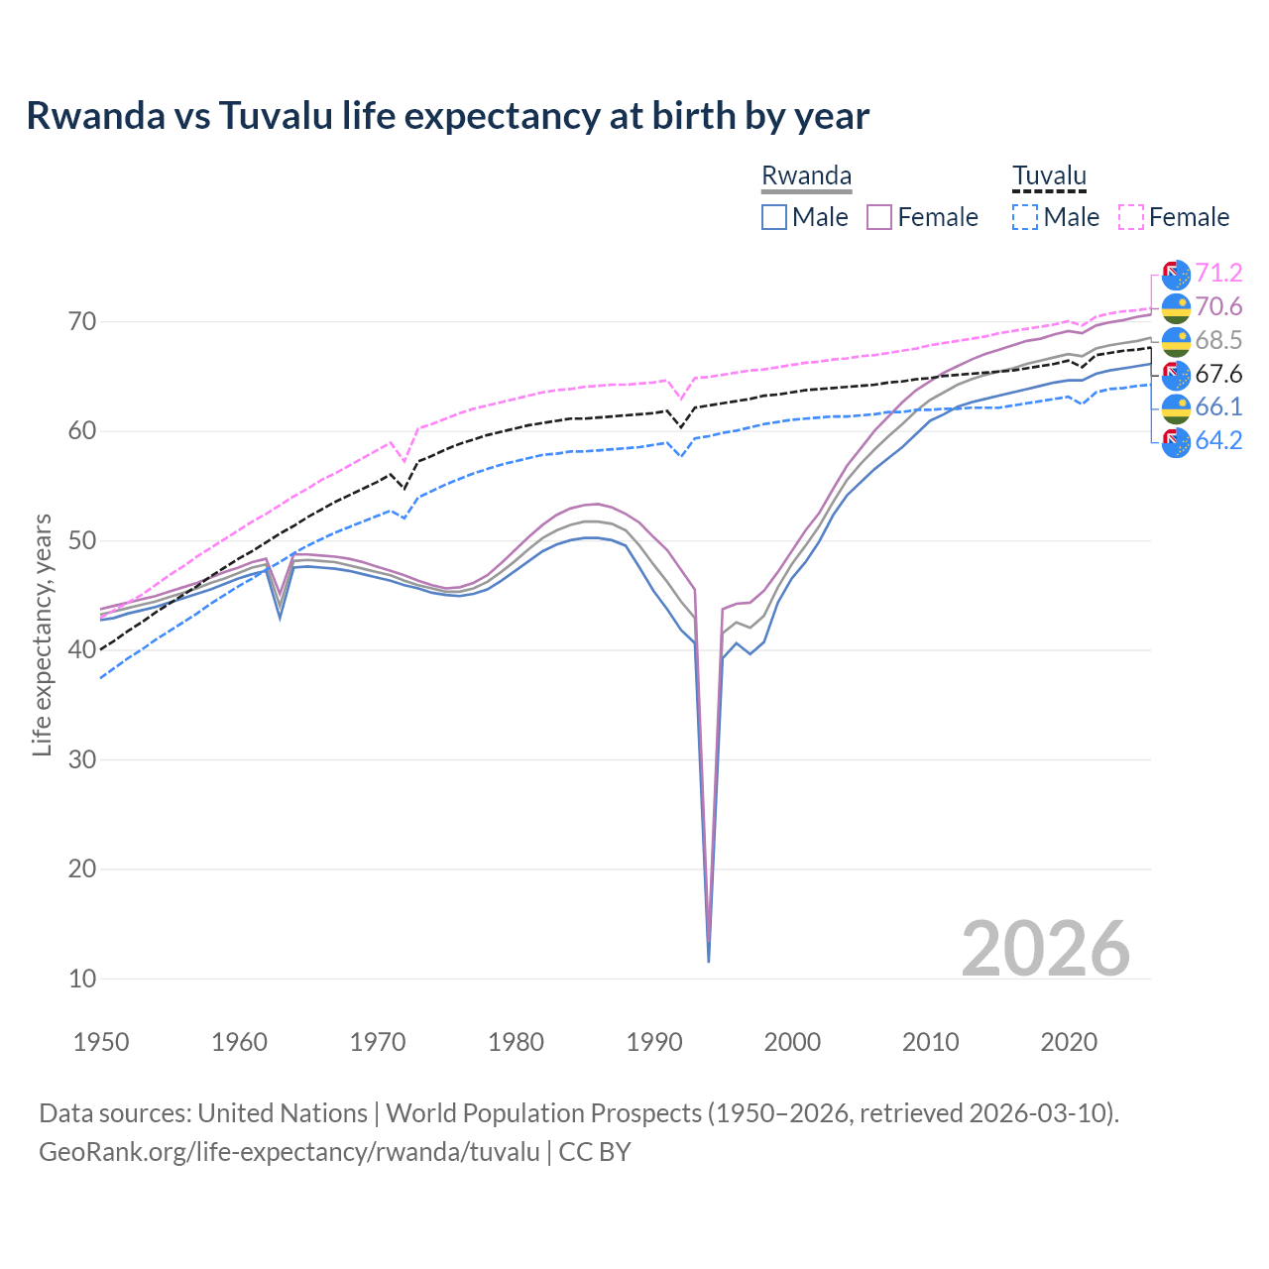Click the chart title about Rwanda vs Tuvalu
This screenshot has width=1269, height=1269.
pyautogui.click(x=447, y=116)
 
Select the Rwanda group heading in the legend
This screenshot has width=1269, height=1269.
pyautogui.click(x=806, y=175)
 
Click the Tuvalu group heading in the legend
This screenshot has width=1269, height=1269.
pyautogui.click(x=1049, y=175)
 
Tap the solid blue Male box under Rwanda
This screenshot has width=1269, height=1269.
pyautogui.click(x=774, y=217)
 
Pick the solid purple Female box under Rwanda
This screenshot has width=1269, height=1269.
pyautogui.click(x=879, y=217)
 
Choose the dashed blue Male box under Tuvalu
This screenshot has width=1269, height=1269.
pyautogui.click(x=1025, y=217)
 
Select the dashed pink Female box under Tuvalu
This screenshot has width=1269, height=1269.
pyautogui.click(x=1131, y=217)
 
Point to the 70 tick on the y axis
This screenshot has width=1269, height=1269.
pyautogui.click(x=82, y=321)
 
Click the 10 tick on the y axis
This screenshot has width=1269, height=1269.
pyautogui.click(x=82, y=979)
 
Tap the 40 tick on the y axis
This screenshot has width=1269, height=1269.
pyautogui.click(x=82, y=650)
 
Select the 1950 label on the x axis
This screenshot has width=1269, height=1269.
pyautogui.click(x=101, y=1042)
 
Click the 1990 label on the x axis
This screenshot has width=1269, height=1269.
pyautogui.click(x=654, y=1042)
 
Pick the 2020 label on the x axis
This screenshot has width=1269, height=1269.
pyautogui.click(x=1069, y=1042)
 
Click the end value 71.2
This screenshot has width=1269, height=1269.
pyautogui.click(x=1218, y=273)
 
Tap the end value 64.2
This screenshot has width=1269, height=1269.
pyautogui.click(x=1218, y=440)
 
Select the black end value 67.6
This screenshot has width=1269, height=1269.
pyautogui.click(x=1218, y=374)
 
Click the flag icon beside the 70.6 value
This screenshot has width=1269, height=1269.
pyautogui.click(x=1176, y=307)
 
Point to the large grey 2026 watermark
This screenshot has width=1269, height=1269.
pyautogui.click(x=1045, y=949)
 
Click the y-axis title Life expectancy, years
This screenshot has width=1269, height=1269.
pyautogui.click(x=43, y=634)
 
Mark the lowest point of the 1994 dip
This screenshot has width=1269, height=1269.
pyautogui.click(x=708, y=961)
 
